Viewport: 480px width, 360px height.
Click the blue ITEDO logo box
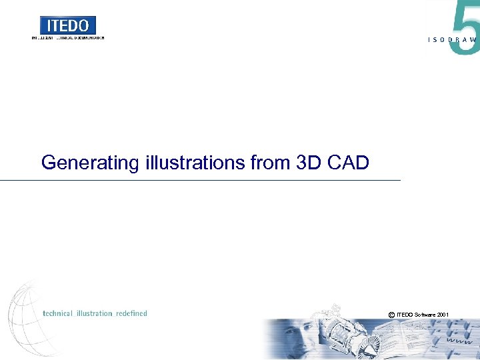[68, 25]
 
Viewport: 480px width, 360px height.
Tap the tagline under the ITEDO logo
[68, 38]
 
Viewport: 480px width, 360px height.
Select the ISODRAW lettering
[452, 40]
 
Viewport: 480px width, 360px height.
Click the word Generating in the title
[90, 163]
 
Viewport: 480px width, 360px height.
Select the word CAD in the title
[349, 162]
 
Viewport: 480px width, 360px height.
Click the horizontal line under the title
[200, 181]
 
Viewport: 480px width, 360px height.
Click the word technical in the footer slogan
[58, 313]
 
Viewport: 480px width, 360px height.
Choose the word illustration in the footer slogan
[95, 313]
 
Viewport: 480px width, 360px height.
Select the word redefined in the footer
[131, 313]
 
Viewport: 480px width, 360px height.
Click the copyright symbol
[391, 314]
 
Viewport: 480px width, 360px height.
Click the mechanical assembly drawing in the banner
[347, 337]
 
